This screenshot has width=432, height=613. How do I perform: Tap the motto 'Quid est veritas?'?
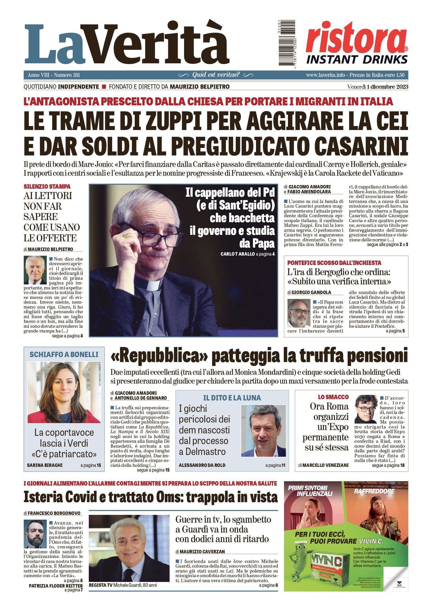(216, 75)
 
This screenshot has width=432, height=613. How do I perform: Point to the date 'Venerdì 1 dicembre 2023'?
(377, 87)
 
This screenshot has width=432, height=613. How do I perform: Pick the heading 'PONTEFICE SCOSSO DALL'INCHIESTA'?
(334, 263)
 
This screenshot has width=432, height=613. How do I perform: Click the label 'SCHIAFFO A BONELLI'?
(64, 355)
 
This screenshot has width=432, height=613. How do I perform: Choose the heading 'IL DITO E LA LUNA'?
(232, 398)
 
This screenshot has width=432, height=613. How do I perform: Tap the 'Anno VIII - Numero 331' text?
(54, 75)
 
